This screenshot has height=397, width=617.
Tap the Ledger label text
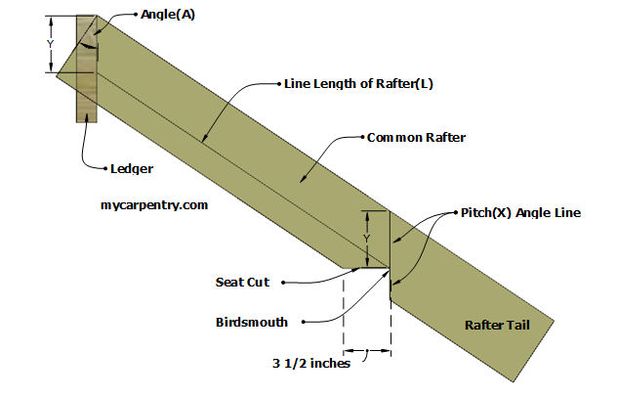coord(132,169)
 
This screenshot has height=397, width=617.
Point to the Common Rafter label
coord(415,138)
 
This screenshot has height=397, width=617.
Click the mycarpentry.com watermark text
coord(154,205)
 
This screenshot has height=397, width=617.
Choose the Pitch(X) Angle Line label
coord(520,212)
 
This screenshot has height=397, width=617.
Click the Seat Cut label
coord(243,283)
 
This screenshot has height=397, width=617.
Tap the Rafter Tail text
coord(498,324)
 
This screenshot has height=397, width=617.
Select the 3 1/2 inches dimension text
coord(311,364)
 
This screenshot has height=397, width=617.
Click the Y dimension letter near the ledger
coord(51,43)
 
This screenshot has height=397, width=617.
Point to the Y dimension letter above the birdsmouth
coord(366,238)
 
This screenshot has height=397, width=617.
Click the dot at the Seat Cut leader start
coord(282,283)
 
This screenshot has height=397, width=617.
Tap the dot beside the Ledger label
coord(103,169)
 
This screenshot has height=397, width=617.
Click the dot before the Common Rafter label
coord(359,138)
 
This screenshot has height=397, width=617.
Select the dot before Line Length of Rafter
coord(277,83)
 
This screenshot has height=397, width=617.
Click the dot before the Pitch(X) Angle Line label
coord(455,212)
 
